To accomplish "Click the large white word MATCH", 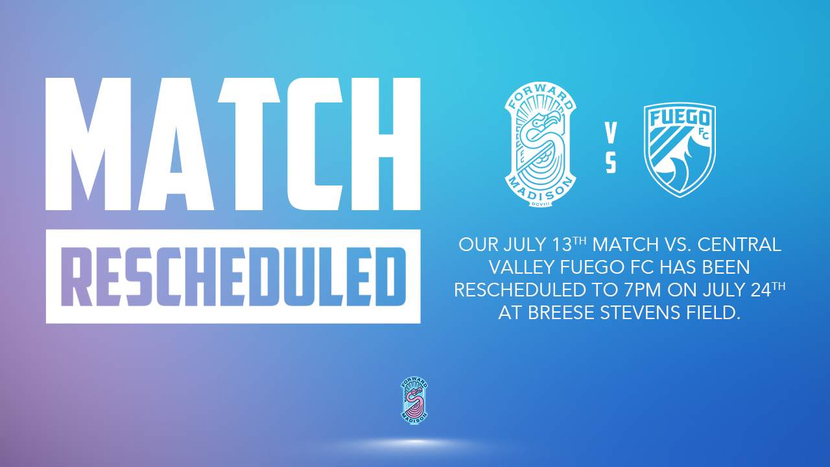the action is click(x=233, y=144).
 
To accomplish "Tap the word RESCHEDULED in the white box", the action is click(x=233, y=276).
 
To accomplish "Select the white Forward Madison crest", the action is click(x=540, y=144).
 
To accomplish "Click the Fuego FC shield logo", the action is click(x=680, y=150).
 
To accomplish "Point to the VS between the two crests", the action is click(x=611, y=149).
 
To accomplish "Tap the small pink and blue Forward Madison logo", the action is click(x=414, y=401).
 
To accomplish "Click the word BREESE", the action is click(x=561, y=313).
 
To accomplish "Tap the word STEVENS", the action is click(x=640, y=313).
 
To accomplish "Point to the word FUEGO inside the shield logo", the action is click(x=680, y=119).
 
